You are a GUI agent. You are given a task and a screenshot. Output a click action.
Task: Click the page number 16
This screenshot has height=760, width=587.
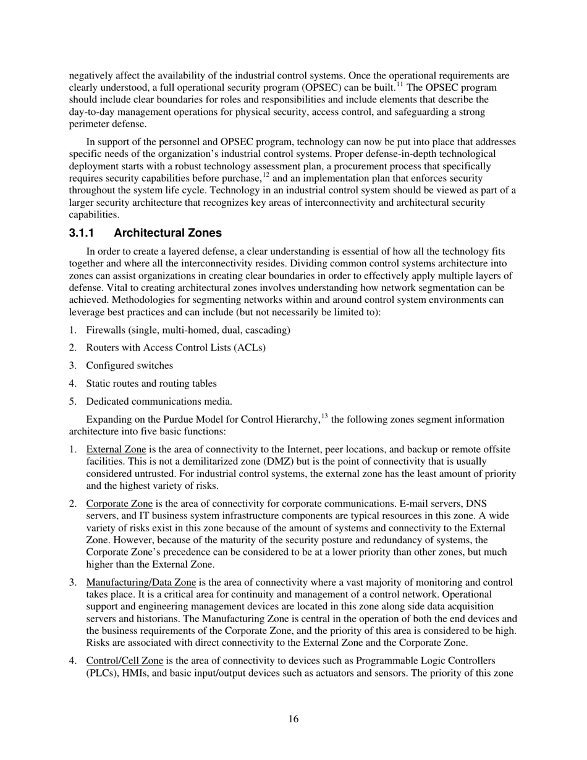pos(293,719)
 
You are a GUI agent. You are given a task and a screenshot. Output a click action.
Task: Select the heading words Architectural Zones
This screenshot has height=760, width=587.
pos(167,233)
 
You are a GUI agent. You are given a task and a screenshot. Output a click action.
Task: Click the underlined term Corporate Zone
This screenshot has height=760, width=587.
pos(119,504)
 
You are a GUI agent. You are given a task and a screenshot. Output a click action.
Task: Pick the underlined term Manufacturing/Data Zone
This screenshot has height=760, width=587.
pos(141,582)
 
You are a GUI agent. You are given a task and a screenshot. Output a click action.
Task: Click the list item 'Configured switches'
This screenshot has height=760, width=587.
pos(130,365)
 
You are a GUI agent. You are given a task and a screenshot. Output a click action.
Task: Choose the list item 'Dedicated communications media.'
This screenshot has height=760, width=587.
pos(159,401)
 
